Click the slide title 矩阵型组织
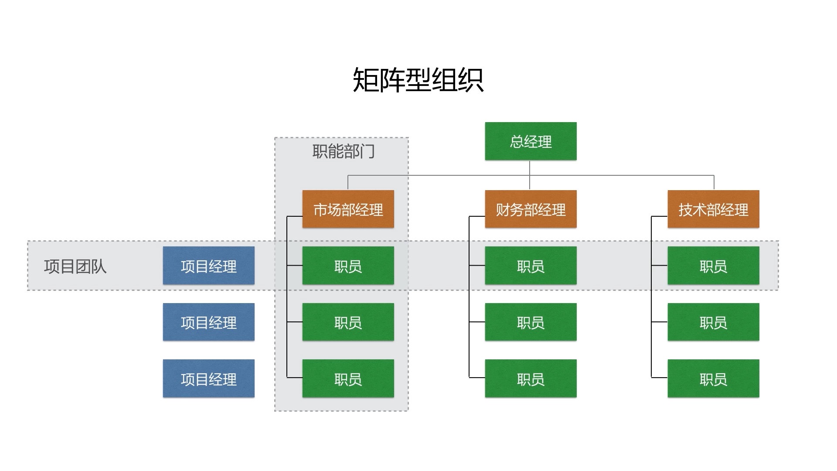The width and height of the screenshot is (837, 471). click(418, 80)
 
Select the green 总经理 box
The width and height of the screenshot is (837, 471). click(531, 141)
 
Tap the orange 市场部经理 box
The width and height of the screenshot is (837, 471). click(348, 209)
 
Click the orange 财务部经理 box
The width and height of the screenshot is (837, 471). click(531, 209)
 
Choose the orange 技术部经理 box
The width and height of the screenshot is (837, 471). click(713, 209)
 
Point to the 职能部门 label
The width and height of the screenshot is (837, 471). click(344, 152)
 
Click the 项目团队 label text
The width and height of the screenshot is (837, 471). click(75, 266)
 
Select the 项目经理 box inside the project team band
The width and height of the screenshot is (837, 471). click(208, 266)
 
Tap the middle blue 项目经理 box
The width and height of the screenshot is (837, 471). click(208, 322)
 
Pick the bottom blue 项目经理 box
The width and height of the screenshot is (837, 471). click(208, 379)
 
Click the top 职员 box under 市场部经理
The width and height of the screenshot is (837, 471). click(348, 266)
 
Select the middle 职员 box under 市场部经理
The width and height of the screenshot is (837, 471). click(348, 322)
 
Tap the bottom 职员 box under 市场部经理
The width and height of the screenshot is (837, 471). click(348, 379)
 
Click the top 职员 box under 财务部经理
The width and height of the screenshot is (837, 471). click(531, 266)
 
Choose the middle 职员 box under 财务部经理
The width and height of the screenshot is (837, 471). click(531, 322)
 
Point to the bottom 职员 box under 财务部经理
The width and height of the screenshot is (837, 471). click(531, 379)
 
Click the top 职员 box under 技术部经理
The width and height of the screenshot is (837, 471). click(713, 266)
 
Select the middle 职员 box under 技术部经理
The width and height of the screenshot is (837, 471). click(713, 322)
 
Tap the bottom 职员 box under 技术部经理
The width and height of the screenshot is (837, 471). click(713, 379)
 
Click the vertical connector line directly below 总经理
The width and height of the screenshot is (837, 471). click(530, 168)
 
